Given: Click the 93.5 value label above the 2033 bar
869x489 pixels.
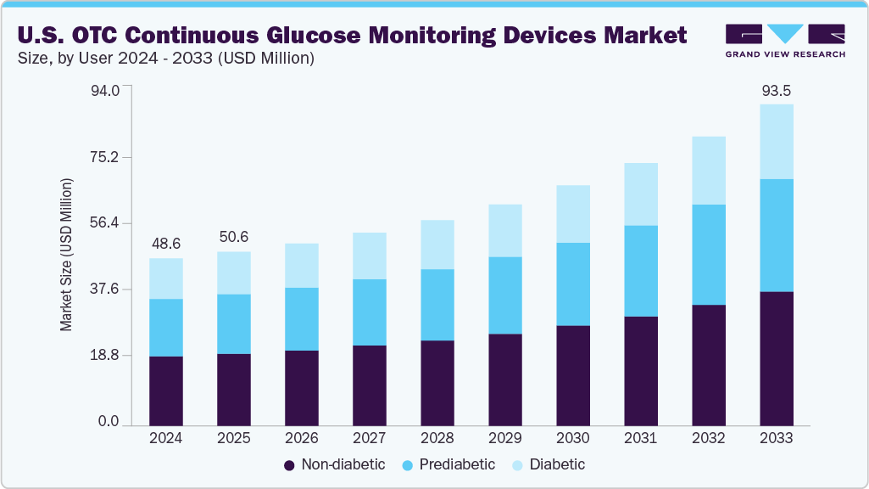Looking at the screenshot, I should click(776, 91).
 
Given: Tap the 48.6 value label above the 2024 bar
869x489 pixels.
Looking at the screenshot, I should click(165, 244).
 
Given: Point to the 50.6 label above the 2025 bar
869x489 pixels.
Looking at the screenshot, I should click(233, 237).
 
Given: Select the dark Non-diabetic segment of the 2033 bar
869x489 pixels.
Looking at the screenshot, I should click(776, 358).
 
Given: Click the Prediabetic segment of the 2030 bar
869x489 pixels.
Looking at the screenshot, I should click(572, 284).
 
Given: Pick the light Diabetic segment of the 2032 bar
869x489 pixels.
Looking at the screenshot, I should click(708, 171).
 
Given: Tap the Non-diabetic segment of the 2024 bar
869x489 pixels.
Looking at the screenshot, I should click(165, 391).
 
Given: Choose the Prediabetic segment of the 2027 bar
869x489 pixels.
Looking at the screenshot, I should click(369, 312).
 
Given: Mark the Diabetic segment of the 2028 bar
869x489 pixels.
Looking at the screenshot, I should click(437, 244).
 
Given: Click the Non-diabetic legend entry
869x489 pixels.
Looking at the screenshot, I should click(334, 464).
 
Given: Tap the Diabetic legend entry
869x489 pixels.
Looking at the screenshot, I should click(549, 464).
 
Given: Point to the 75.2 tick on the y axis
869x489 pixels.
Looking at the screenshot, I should click(106, 157).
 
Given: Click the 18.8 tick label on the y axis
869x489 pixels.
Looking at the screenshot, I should click(106, 356).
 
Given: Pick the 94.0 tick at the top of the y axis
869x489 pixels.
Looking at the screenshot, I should click(106, 89).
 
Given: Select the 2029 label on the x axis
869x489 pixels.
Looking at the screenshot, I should click(504, 439).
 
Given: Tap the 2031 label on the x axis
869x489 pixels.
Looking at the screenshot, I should click(640, 439).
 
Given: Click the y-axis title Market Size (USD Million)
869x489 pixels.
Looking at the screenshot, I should click(66, 256).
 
